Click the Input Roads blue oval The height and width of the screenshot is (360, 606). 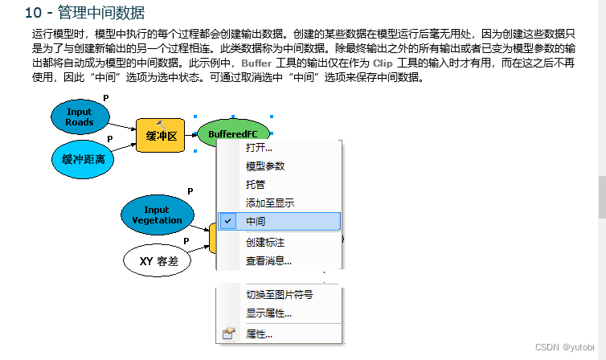[x=80, y=117]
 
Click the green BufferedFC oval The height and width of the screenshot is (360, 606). [x=233, y=133]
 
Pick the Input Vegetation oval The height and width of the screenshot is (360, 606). [x=157, y=215]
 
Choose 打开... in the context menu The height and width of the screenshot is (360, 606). [x=259, y=147]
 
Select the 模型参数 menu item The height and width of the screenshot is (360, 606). [x=265, y=166]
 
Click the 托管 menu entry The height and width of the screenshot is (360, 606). [x=256, y=184]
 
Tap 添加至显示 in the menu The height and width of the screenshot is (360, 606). [x=269, y=202]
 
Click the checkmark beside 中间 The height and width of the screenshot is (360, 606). [x=229, y=221]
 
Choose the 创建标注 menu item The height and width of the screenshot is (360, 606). [x=265, y=242]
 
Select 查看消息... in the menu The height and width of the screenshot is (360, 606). [x=268, y=260]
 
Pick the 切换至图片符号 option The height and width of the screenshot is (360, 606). [x=279, y=295]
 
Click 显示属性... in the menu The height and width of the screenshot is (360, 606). [x=268, y=313]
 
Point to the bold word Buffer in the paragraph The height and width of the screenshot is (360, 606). [x=256, y=63]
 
